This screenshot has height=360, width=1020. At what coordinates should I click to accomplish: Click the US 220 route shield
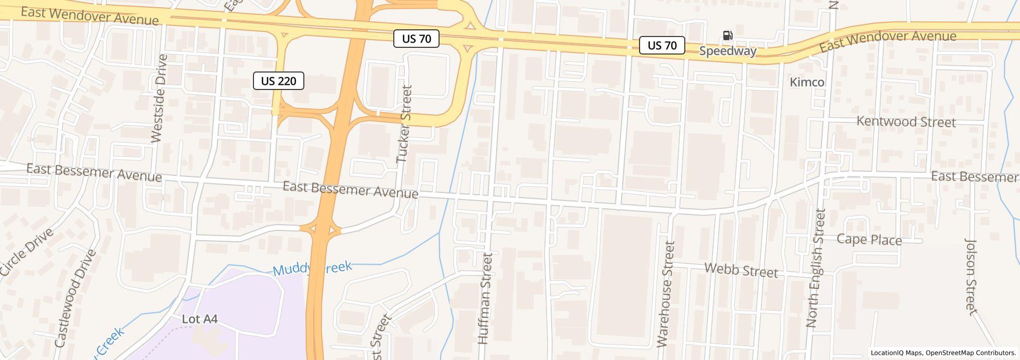[278, 81]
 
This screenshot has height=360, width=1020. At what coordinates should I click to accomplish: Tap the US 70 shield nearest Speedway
[662, 45]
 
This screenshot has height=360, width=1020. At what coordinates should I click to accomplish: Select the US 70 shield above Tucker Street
[416, 39]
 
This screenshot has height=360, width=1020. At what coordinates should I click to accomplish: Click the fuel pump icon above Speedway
[727, 35]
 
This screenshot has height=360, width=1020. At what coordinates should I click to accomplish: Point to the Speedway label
[727, 51]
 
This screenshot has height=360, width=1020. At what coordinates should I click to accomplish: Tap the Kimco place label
[807, 82]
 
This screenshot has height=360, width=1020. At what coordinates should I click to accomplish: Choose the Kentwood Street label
[906, 122]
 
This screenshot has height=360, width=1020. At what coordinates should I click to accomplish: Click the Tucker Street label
[405, 124]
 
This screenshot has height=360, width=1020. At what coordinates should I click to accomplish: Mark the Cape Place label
[869, 240]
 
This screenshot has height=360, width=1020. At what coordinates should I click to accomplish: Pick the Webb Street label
[741, 270]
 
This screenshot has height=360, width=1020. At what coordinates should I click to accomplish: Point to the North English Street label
[816, 267]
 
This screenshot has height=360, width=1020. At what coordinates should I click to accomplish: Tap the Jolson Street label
[970, 276]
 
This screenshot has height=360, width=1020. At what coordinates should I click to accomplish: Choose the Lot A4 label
[199, 319]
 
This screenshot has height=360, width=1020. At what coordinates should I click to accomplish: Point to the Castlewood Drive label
[75, 298]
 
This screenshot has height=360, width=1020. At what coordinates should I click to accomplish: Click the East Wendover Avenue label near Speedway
[887, 41]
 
